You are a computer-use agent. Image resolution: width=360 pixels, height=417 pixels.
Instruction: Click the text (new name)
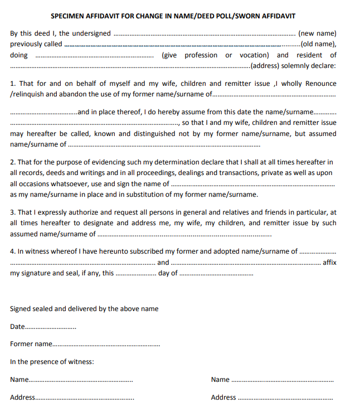[317, 33]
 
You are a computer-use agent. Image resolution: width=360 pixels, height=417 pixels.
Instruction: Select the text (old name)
[318, 44]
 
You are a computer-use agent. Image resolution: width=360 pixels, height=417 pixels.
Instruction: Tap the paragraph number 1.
[13, 84]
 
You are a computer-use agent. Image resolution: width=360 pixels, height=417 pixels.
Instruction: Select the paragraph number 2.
[13, 162]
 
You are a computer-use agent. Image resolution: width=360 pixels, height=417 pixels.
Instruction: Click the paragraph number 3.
[13, 212]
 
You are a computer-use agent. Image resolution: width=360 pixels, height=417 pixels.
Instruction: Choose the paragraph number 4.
[13, 251]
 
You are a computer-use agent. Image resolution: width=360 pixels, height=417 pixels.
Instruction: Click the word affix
[329, 262]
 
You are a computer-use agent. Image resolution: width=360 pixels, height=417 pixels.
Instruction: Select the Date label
[18, 327]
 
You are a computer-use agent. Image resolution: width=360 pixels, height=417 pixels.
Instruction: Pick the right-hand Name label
[220, 380]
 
